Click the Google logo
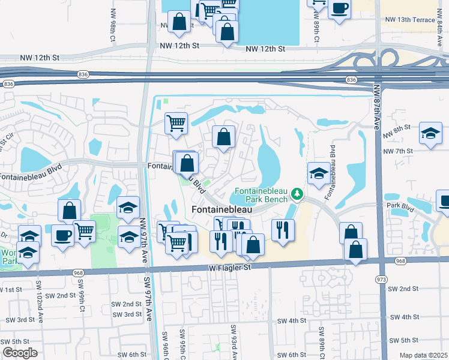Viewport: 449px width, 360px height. (x=19, y=353)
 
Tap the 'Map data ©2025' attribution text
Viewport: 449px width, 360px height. (x=424, y=355)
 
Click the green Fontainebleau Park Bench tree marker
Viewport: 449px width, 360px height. (x=296, y=194)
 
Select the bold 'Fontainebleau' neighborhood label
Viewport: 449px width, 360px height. (x=222, y=210)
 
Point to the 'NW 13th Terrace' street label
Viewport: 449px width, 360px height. (x=412, y=20)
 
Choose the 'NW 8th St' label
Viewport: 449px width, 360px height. (x=398, y=127)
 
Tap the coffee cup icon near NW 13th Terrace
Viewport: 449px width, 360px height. (x=340, y=8)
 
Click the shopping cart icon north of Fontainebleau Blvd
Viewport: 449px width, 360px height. (x=176, y=123)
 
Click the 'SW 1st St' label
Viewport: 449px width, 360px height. (x=13, y=290)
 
